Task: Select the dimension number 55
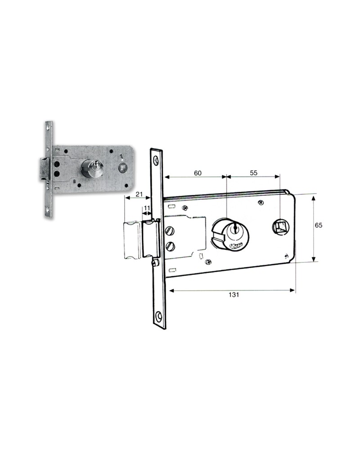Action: click(253, 172)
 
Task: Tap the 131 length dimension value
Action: click(233, 295)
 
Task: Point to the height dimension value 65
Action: click(318, 226)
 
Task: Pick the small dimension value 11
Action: click(147, 209)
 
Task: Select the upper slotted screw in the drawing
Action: click(170, 231)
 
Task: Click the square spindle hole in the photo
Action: click(121, 168)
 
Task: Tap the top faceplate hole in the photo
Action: click(48, 127)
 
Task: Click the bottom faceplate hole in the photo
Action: click(48, 212)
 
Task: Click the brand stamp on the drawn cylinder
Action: click(235, 246)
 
